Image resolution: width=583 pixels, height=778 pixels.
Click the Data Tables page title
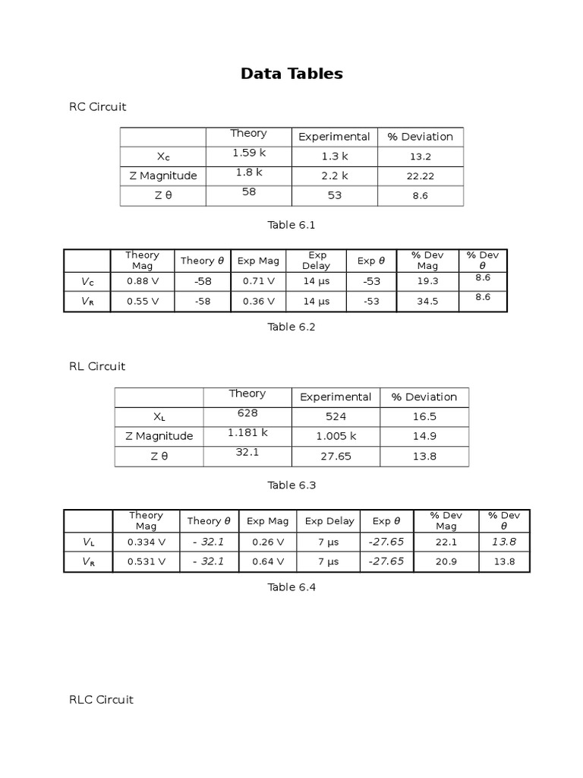coord(291,74)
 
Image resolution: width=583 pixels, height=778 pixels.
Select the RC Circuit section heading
coord(97,107)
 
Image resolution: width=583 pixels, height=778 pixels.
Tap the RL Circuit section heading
coord(97,366)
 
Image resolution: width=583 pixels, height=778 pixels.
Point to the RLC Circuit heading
coord(101,700)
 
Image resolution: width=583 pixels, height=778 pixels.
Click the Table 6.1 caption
coord(291,225)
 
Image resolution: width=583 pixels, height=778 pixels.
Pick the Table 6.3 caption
coord(291,485)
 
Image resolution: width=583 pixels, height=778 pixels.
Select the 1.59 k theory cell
coord(249,153)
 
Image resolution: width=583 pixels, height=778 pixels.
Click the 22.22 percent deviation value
coord(420,176)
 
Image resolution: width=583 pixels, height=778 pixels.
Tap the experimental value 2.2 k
coord(334,176)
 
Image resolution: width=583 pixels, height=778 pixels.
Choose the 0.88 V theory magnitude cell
coord(143,281)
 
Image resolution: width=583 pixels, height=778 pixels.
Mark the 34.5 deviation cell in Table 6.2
coord(427,302)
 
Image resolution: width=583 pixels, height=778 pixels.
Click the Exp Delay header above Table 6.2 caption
coord(316,261)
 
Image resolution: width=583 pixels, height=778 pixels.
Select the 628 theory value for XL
coord(247,413)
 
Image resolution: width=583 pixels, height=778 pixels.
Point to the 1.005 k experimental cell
coord(336,437)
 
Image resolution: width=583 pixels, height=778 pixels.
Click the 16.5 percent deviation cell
coord(424,417)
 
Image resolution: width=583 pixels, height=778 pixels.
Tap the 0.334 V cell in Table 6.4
coord(146,542)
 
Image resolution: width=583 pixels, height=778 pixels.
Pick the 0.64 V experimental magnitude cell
coord(267,562)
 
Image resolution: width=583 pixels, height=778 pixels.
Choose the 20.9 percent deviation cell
coord(446,562)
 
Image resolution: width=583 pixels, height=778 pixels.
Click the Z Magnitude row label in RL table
coord(159,437)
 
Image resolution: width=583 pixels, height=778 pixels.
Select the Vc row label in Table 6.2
coord(88,281)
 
